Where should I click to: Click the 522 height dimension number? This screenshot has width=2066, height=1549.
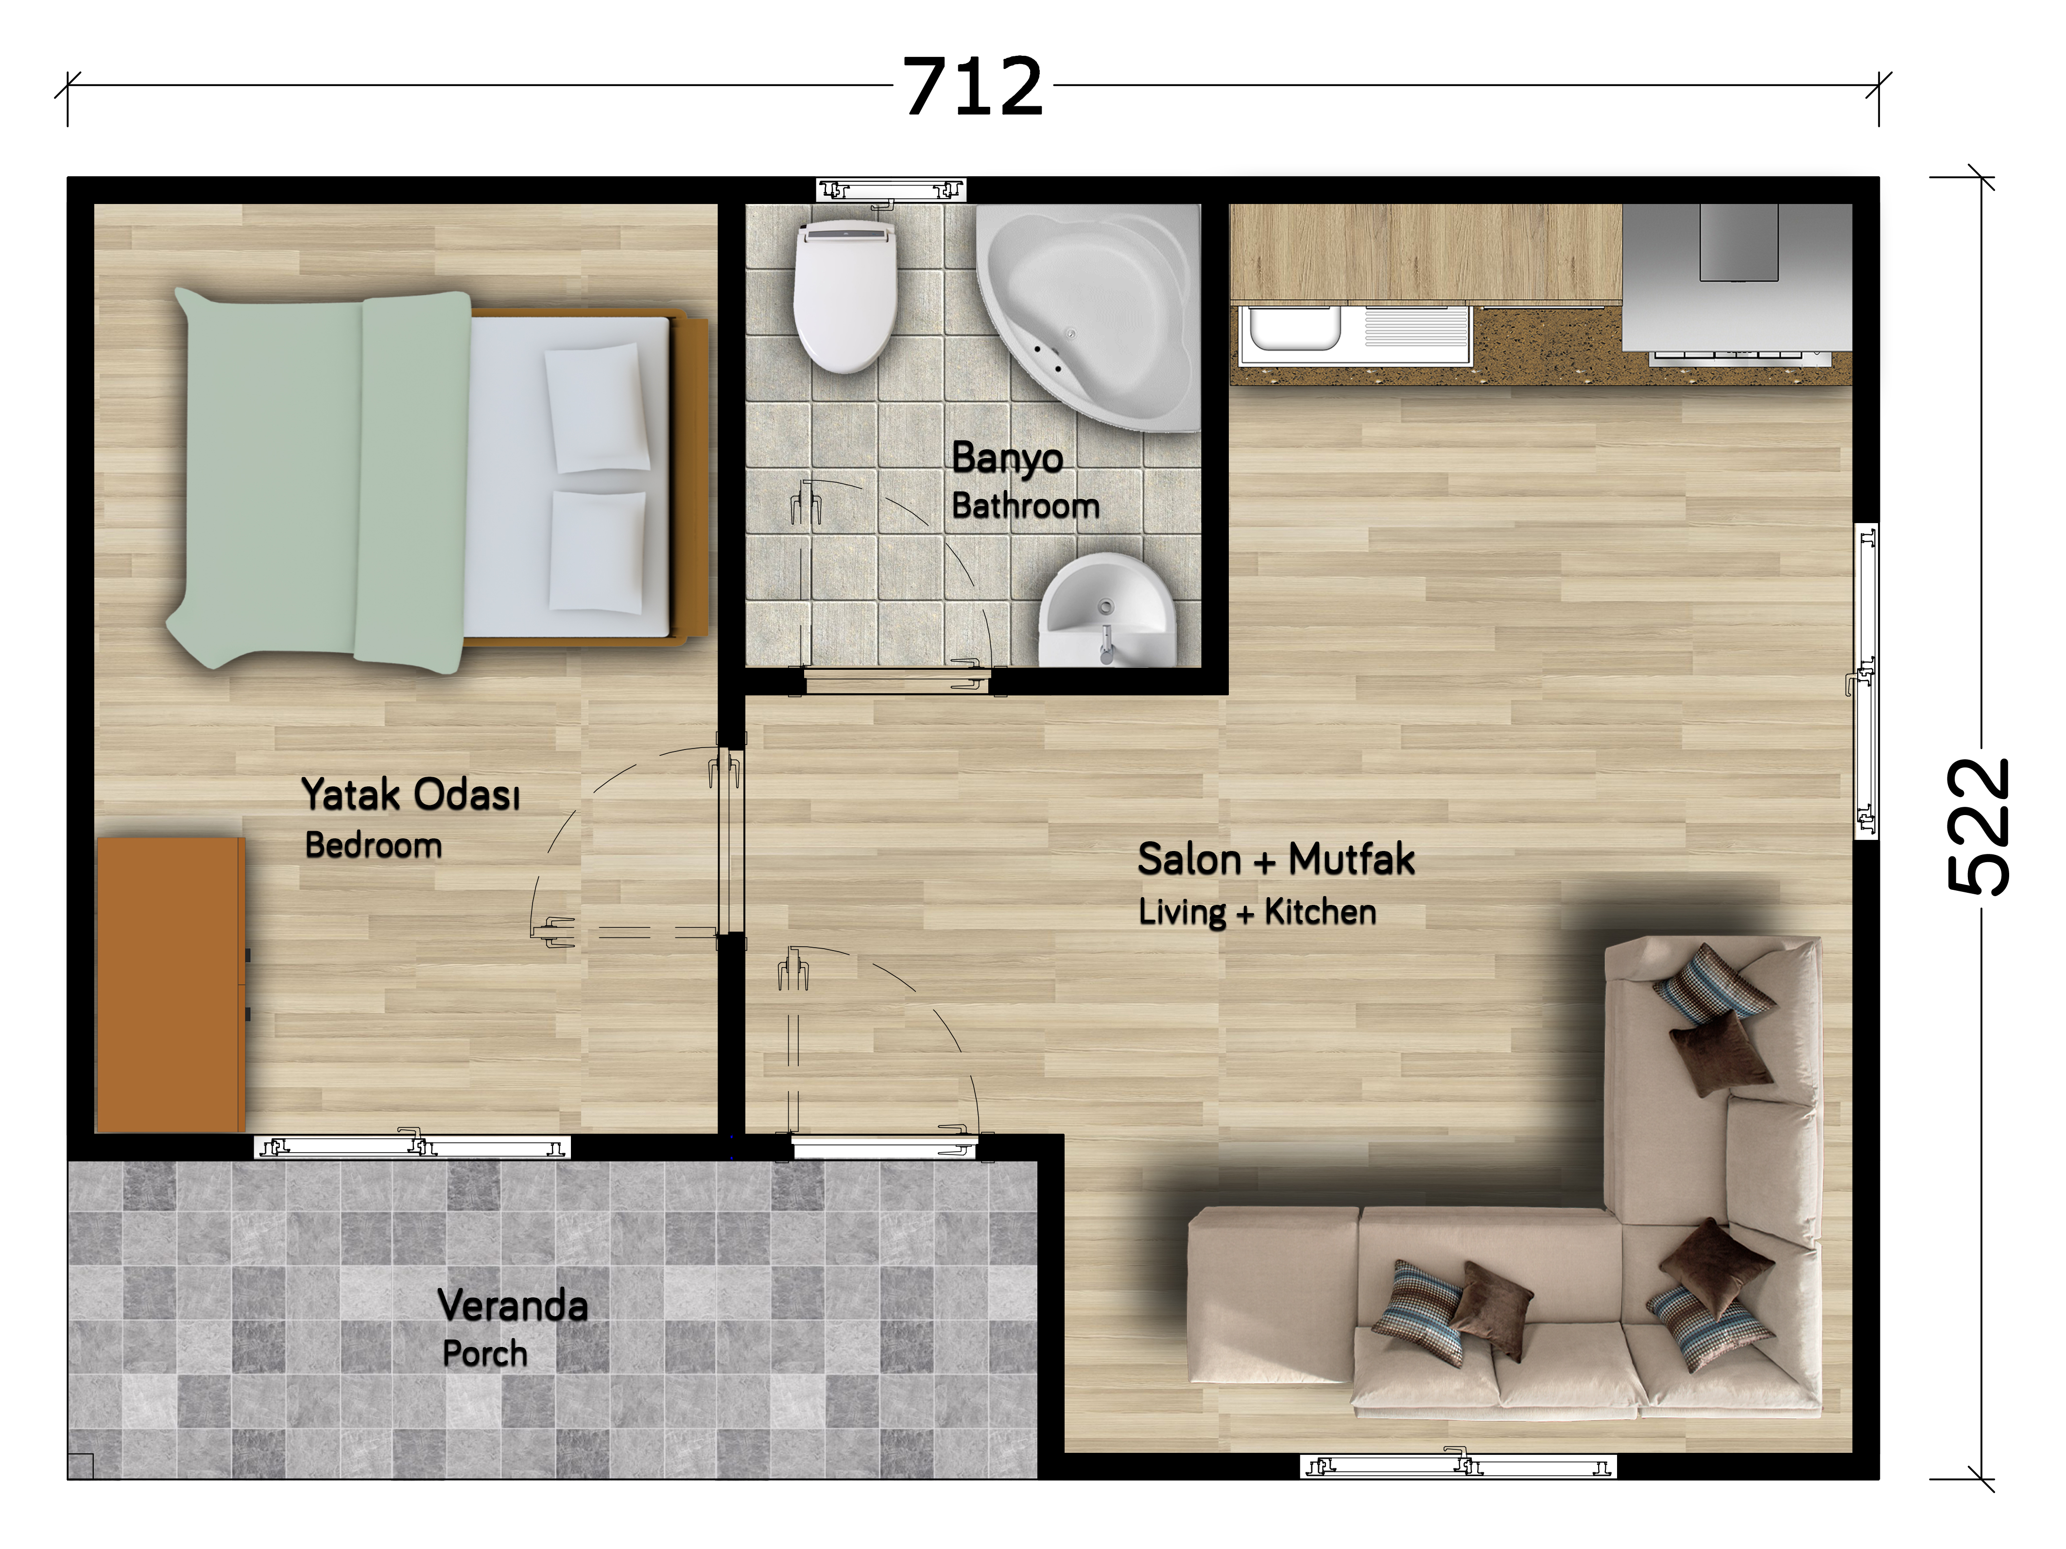point(1978,826)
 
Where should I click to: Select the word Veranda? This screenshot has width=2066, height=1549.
point(513,1305)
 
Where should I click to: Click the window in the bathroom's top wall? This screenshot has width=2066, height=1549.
point(891,190)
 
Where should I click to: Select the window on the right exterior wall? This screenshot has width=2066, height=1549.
point(1865,681)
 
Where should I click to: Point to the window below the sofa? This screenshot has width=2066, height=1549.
point(1458,1466)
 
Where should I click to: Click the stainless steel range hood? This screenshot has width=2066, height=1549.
point(1737,277)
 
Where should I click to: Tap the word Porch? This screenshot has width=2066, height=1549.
point(485,1354)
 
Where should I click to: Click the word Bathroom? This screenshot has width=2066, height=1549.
point(1026,506)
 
